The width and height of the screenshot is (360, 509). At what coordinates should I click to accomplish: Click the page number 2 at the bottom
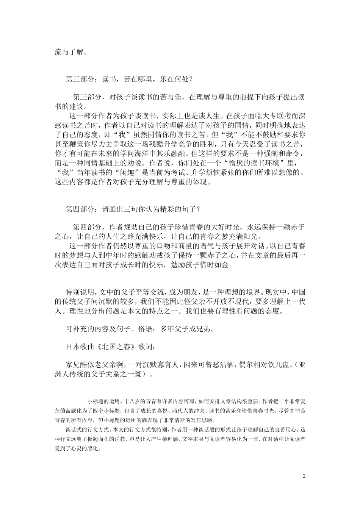click(x=304, y=475)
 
